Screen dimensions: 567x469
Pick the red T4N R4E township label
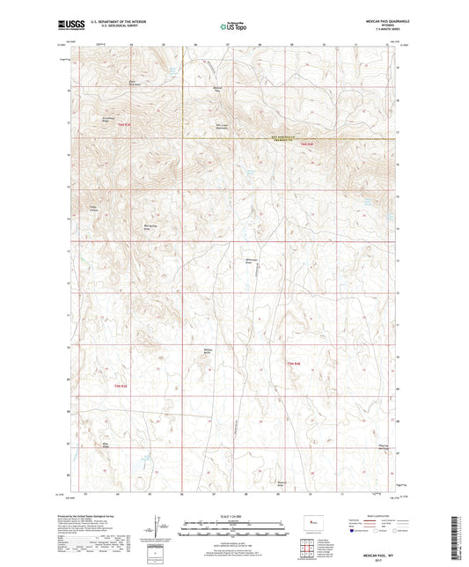point(292,362)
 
